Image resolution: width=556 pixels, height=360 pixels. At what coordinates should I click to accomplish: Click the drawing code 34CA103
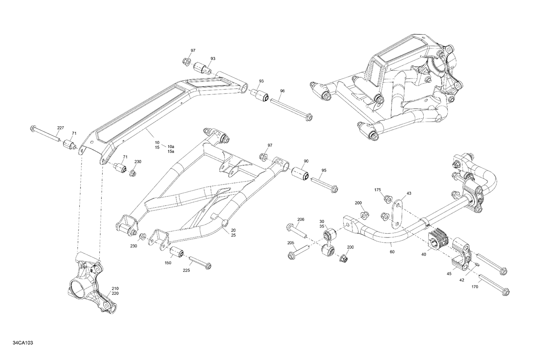[23, 343]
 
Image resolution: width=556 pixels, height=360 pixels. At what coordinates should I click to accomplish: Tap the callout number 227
[60, 128]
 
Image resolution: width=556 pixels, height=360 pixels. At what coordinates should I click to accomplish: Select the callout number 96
[282, 91]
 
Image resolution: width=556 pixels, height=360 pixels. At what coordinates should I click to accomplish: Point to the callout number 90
[306, 161]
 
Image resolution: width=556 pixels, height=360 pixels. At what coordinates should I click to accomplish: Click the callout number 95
[324, 170]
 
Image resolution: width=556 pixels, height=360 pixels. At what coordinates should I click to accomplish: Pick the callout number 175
[377, 190]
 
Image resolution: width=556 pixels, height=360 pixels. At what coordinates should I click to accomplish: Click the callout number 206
[301, 219]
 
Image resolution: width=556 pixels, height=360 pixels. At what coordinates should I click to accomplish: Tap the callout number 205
[291, 243]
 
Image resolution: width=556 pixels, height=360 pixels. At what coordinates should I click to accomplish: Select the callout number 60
[392, 252]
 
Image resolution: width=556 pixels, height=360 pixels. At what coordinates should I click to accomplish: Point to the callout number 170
[475, 286]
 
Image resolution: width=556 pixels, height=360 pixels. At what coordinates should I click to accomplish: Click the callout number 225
[186, 270]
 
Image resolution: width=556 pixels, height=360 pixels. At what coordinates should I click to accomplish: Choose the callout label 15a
[171, 151]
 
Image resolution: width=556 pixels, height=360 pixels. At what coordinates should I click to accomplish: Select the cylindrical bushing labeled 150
[177, 252]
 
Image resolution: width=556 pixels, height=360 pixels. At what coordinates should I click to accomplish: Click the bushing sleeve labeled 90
[300, 174]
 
